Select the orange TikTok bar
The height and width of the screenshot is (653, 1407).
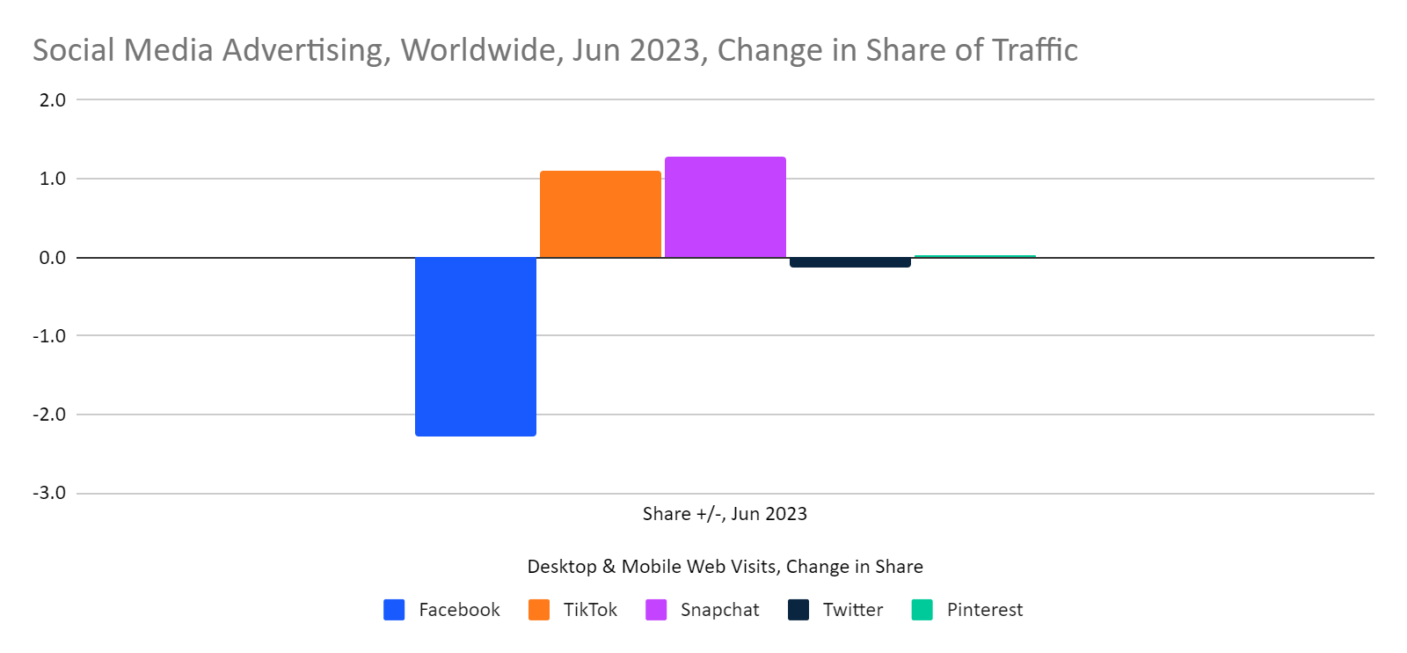[600, 214]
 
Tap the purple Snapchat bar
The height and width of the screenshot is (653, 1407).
[725, 207]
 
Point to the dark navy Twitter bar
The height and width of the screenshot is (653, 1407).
[849, 262]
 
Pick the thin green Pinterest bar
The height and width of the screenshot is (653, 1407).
[974, 256]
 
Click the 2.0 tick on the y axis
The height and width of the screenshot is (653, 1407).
[53, 100]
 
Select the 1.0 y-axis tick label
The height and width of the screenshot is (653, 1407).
[53, 179]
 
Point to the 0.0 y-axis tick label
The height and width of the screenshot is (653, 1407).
[53, 258]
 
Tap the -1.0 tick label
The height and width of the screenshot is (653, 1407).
[50, 336]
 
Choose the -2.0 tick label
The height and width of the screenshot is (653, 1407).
[50, 415]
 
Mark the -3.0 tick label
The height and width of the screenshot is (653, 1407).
[50, 493]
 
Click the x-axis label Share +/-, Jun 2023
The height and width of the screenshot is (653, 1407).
[725, 514]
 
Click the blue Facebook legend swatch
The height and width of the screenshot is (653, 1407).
[394, 610]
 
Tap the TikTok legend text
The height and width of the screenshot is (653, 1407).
[590, 610]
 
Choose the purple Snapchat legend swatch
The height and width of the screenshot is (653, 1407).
[656, 610]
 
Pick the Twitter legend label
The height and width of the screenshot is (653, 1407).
[852, 610]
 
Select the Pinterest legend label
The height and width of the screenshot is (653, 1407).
[984, 610]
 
